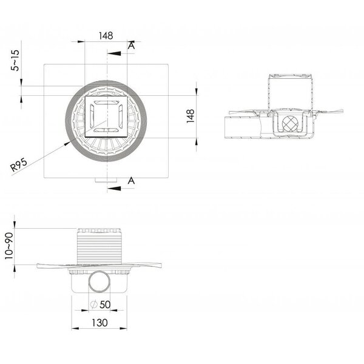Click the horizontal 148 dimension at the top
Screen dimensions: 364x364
click(x=106, y=36)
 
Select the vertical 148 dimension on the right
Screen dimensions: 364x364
click(x=190, y=116)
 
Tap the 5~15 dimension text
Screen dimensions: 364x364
click(x=15, y=60)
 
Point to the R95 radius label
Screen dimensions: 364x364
click(x=19, y=164)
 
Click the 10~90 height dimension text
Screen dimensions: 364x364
click(x=9, y=246)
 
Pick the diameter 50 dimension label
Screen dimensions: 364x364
click(x=100, y=305)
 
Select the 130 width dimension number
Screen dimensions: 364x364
click(x=99, y=323)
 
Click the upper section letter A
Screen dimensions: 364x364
click(x=131, y=45)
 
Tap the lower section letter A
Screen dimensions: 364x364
click(x=131, y=180)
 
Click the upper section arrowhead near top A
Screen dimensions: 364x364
click(x=114, y=53)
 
